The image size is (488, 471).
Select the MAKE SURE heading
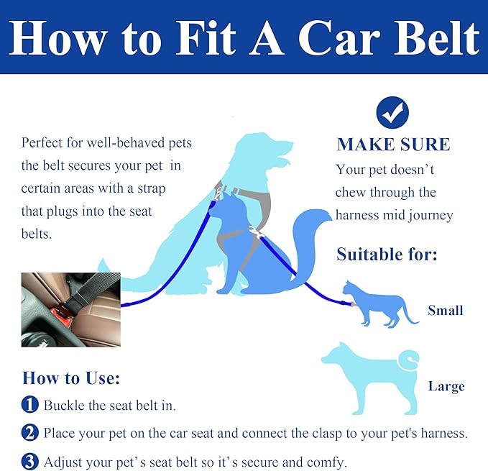point(393,145)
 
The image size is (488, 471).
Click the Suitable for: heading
point(387,254)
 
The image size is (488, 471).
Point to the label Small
point(445,311)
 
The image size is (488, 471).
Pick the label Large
point(446,386)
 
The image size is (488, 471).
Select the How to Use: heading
point(71,378)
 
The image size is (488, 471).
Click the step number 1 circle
point(29,405)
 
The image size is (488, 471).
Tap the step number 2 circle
point(29,433)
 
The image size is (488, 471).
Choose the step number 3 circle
point(29,462)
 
